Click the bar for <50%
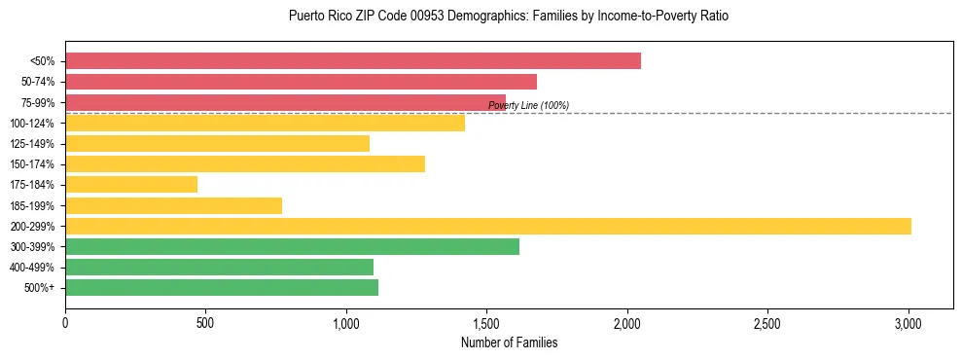click(x=353, y=61)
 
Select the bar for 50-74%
click(x=301, y=82)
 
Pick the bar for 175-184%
click(x=131, y=185)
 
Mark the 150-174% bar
click(x=245, y=163)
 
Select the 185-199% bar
click(x=173, y=205)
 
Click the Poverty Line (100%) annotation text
click(x=528, y=105)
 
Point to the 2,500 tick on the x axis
click(x=767, y=321)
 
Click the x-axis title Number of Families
click(x=509, y=342)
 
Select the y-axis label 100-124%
click(x=32, y=124)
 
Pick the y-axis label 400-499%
click(x=32, y=268)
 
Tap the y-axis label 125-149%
click(x=32, y=144)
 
